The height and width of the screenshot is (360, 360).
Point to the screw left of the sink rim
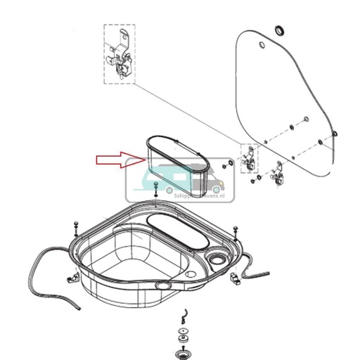click(75, 226)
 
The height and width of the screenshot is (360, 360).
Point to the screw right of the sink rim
click(235, 230)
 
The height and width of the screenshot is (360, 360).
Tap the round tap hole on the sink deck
click(219, 261)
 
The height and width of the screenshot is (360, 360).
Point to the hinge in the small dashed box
click(247, 159)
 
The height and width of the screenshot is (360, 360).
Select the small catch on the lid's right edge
click(335, 133)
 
